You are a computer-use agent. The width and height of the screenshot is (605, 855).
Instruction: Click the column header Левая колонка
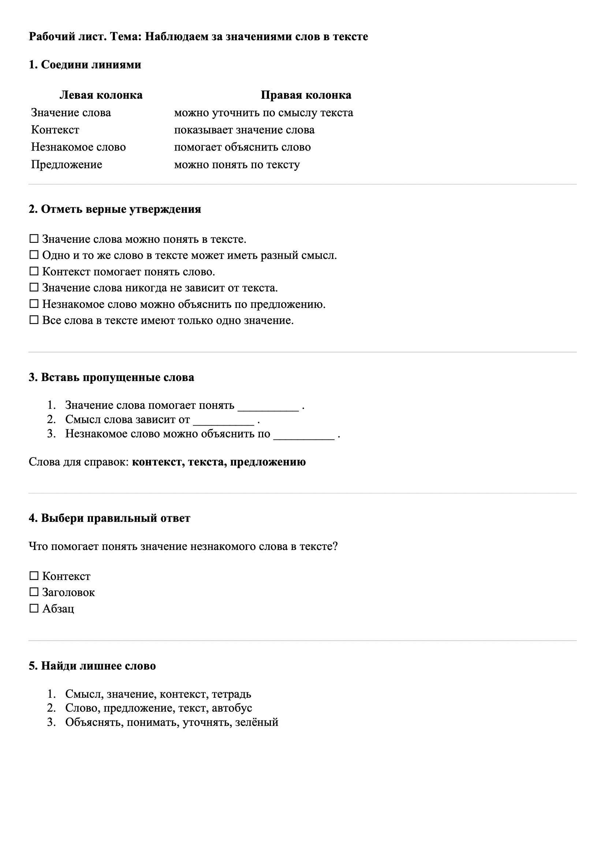101,95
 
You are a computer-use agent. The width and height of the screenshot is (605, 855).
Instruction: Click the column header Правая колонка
306,95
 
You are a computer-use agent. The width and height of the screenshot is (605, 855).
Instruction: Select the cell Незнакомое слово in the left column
78,147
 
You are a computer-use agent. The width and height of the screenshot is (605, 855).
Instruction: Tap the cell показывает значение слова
244,130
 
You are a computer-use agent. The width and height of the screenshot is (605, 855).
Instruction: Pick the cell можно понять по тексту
237,165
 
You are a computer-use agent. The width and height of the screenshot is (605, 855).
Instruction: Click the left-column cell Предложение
66,165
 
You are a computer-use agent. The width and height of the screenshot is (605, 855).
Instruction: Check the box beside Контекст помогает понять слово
34,271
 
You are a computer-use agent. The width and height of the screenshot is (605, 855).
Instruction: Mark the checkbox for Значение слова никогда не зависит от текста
34,287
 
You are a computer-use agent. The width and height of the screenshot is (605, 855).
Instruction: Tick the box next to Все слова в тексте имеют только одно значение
34,320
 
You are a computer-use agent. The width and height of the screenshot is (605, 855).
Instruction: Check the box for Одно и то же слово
34,255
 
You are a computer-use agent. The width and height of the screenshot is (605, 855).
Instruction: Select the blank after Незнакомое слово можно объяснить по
304,434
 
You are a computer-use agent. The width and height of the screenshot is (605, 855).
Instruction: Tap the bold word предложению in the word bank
268,462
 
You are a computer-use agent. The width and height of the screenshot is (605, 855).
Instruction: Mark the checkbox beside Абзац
34,608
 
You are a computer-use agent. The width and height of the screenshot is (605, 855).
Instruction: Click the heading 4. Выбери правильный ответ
109,518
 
